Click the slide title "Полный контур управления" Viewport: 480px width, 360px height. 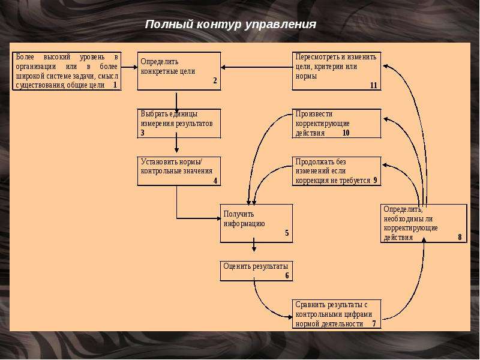pos(230,24)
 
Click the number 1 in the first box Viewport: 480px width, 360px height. pos(115,85)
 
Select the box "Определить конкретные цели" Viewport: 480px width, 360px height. pos(179,71)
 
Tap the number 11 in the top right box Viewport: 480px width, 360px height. pos(373,85)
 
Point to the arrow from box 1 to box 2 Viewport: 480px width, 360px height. pos(129,67)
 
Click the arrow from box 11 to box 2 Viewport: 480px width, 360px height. pos(257,67)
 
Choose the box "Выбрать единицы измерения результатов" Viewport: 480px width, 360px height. pos(179,124)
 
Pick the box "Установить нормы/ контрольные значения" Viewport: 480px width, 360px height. pos(179,171)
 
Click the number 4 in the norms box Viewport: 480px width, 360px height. pos(215,181)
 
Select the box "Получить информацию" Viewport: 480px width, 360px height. pos(257,223)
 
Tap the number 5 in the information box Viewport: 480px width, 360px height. pos(287,233)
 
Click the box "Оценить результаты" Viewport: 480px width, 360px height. pos(257,271)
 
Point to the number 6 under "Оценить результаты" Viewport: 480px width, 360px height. pos(287,275)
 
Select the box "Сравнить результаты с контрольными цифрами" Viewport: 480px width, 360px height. pos(337,314)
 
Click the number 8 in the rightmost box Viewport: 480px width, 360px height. pos(460,237)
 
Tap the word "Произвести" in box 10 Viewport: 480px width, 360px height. pos(314,114)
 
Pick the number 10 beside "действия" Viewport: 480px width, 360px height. pos(346,133)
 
